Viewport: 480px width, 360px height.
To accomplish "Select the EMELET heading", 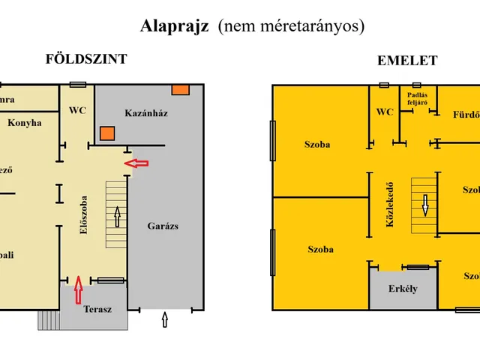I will [x=407, y=61].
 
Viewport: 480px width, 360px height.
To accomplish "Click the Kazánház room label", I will [x=145, y=113].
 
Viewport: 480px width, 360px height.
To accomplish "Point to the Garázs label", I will [x=163, y=225].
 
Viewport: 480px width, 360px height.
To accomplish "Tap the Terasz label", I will [x=97, y=308].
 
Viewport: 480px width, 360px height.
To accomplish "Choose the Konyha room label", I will [x=25, y=123].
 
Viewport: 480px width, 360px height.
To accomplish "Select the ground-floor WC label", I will [x=78, y=110].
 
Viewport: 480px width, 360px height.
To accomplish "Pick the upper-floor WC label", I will [x=385, y=112].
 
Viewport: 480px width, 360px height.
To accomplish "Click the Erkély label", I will [x=403, y=289].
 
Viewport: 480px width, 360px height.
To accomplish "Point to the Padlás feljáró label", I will [x=418, y=99].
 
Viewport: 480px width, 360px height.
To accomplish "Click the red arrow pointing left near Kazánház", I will [x=136, y=163].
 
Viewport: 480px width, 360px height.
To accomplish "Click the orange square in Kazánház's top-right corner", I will [x=180, y=90].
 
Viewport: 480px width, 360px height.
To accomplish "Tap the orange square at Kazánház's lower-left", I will [x=107, y=134].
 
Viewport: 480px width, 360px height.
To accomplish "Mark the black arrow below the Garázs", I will [x=166, y=322].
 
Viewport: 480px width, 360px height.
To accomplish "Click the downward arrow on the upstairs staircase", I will [x=425, y=204].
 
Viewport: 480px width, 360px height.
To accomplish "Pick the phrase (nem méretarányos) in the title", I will [x=291, y=26].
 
